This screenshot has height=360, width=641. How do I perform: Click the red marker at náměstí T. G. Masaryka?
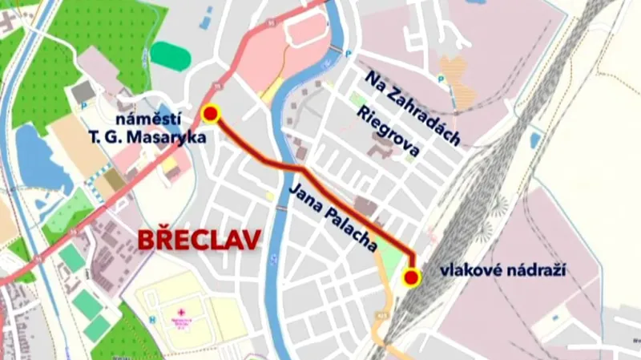click(211, 114)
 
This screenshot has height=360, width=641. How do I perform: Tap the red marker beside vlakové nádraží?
click(412, 278)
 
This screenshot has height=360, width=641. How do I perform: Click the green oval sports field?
click(171, 55)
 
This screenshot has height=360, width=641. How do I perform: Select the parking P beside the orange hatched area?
click(441, 79)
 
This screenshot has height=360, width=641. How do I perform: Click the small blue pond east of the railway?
click(535, 140)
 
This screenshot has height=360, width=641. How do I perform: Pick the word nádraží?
click(540, 271)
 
